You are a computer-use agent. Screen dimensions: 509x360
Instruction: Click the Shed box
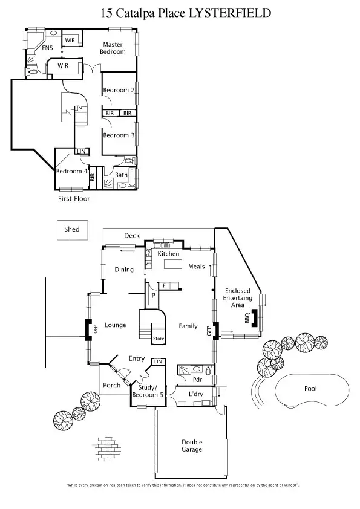[72, 229]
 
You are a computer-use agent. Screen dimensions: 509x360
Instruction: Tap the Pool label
[310, 389]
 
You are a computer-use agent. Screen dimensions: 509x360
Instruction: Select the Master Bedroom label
[113, 48]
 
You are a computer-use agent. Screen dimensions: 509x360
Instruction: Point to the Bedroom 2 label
[119, 90]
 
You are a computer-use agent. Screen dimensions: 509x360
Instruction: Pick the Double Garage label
[192, 446]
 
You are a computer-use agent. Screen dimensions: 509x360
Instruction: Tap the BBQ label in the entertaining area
[247, 318]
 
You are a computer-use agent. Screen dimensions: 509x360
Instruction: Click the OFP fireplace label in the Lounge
[95, 329]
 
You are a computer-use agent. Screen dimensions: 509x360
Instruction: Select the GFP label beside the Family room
[209, 331]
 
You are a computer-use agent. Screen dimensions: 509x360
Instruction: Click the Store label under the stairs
[158, 339]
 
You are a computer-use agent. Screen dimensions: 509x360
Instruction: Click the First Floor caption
[73, 199]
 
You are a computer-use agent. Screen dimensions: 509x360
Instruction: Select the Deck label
[132, 236]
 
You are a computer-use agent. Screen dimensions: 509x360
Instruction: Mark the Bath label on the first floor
[121, 175]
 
